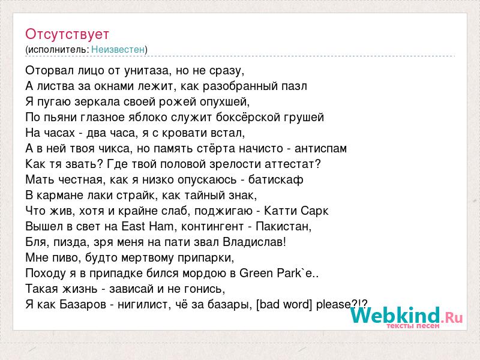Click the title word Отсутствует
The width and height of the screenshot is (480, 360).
tap(67, 34)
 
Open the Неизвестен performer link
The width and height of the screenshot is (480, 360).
tap(118, 49)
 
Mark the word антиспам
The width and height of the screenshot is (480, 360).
tap(320, 149)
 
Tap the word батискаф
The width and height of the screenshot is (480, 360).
tap(275, 179)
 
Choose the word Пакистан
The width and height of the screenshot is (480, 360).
tap(283, 227)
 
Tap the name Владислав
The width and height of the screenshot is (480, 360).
tap(254, 242)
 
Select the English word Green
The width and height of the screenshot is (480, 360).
tap(257, 273)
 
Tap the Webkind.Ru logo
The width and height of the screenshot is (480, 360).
tap(407, 317)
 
